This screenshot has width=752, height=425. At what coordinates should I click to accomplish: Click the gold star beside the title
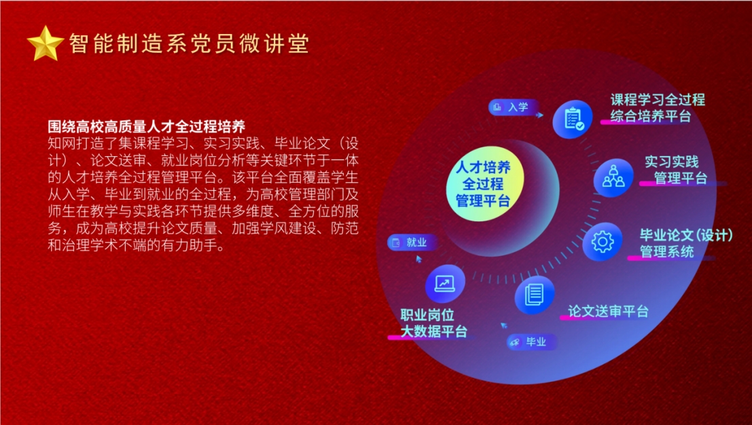(x=45, y=43)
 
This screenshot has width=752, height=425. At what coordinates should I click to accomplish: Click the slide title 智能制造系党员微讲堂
(x=189, y=43)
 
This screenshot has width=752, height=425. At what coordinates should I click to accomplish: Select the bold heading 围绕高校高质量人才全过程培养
(x=147, y=126)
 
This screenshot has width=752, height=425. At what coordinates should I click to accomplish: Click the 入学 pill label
(x=513, y=107)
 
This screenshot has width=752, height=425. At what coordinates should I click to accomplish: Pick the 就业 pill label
(x=412, y=242)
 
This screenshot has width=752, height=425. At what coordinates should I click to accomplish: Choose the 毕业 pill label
(x=531, y=342)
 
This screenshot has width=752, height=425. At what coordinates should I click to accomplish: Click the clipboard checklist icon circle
(x=573, y=119)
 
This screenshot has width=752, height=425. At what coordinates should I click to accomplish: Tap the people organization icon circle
(x=613, y=178)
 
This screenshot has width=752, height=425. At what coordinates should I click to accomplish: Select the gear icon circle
(x=603, y=242)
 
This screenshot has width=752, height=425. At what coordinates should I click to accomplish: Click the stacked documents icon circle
(x=534, y=295)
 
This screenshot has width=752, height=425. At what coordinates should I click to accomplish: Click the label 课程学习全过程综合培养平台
(x=658, y=108)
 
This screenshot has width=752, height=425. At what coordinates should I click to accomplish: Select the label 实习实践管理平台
(x=675, y=170)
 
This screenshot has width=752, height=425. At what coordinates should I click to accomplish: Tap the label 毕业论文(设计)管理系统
(x=686, y=243)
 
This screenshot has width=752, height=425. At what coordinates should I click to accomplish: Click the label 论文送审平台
(x=608, y=311)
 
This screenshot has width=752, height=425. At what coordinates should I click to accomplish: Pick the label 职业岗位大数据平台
(x=433, y=323)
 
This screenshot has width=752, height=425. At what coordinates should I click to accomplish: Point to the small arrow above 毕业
(x=503, y=325)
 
